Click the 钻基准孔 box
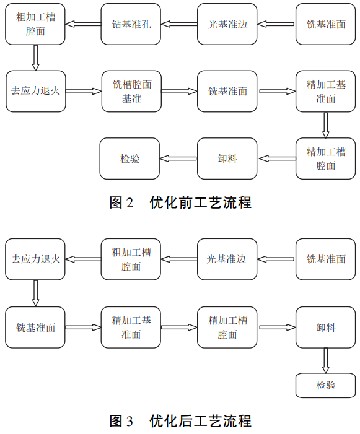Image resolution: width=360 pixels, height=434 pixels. [x=131, y=24]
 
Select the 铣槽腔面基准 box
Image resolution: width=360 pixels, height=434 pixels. [x=131, y=91]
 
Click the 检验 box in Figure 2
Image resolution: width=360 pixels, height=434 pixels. [x=130, y=158]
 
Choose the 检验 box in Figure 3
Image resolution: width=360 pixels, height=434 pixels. [x=326, y=385]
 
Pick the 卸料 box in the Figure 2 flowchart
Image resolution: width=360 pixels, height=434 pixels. [x=227, y=158]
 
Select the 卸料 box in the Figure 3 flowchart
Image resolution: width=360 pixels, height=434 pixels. [x=326, y=328]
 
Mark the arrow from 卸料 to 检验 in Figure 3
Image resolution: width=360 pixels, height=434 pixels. [x=326, y=360]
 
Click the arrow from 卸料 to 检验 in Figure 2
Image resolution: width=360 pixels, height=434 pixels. [x=178, y=158]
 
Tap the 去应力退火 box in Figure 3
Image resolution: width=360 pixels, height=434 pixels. [x=35, y=259]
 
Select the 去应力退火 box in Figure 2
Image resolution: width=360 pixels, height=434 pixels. [x=35, y=91]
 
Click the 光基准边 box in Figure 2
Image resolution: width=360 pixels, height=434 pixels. [x=227, y=24]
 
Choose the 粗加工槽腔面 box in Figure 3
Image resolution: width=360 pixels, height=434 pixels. [x=131, y=259]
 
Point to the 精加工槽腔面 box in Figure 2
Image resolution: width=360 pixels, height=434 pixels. [x=326, y=158]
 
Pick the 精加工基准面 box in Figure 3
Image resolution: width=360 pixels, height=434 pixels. [x=131, y=328]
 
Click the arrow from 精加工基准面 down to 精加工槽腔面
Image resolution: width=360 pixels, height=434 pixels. [x=326, y=125]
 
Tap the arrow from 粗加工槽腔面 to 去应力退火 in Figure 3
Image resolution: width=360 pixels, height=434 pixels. [x=84, y=259]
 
